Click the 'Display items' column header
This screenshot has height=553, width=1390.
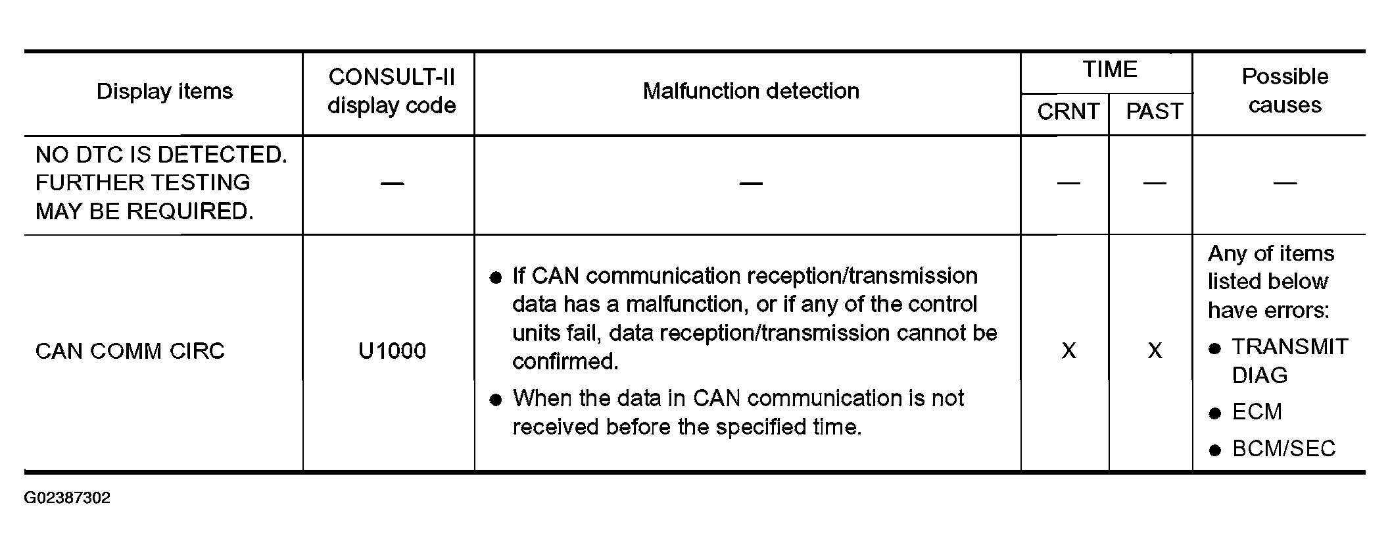point(164,92)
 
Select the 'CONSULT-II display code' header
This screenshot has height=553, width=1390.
point(392,92)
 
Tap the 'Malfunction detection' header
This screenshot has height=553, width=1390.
point(751,91)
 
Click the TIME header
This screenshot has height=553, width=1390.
point(1110,70)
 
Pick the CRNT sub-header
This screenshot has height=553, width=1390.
point(1068,112)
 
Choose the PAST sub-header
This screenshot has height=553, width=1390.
point(1155,112)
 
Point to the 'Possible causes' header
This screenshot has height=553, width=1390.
point(1285,91)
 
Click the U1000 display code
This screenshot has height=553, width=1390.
point(392,351)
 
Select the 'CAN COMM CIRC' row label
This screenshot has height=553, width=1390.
point(130,351)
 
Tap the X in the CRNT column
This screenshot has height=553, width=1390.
point(1069,351)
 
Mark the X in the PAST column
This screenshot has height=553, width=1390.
point(1155,351)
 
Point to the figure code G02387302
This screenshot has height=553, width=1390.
point(67,498)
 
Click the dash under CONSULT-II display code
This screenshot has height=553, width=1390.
point(392,184)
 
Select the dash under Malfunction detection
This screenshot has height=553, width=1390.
point(751,184)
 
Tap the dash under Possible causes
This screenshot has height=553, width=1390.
point(1285,184)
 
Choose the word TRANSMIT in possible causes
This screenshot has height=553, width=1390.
point(1290,347)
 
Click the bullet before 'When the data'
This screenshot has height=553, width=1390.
point(496,400)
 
